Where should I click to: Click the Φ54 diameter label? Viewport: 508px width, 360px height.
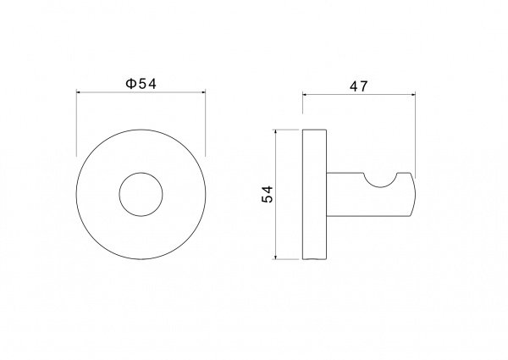point(141,84)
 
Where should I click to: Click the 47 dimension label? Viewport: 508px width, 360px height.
point(359,86)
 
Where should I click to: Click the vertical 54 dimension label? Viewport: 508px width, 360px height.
point(268,194)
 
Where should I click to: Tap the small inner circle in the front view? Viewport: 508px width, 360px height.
point(141,173)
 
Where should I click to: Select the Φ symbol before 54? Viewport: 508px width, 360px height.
point(130,84)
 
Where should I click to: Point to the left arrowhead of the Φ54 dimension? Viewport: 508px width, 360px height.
point(79,92)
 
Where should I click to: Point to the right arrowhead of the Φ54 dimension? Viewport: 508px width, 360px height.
point(203,92)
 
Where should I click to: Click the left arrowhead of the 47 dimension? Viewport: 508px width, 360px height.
point(305,94)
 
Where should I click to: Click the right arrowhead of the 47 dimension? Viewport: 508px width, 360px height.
point(413,94)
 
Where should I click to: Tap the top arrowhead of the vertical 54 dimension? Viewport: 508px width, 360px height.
point(275,132)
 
